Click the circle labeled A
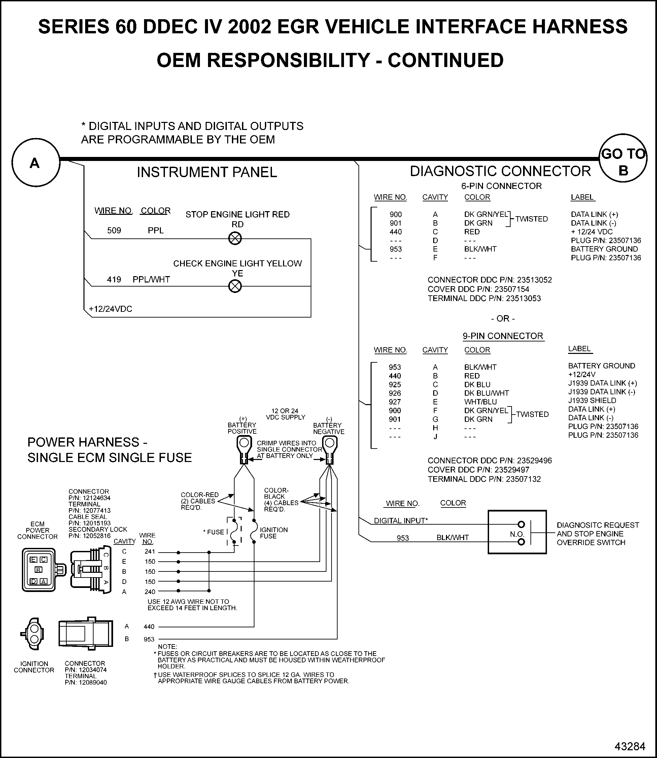36,162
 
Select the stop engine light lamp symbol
235,239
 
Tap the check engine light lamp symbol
235,286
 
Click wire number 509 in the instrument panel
114,231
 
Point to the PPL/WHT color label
151,279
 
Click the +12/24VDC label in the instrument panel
110,309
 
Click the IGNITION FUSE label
274,533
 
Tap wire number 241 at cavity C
149,552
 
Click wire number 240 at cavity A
149,592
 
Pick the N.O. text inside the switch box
517,534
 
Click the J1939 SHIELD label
592,400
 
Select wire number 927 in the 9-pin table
395,402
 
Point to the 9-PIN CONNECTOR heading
503,336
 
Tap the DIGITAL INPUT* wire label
401,521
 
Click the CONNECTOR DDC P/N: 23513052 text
489,280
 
